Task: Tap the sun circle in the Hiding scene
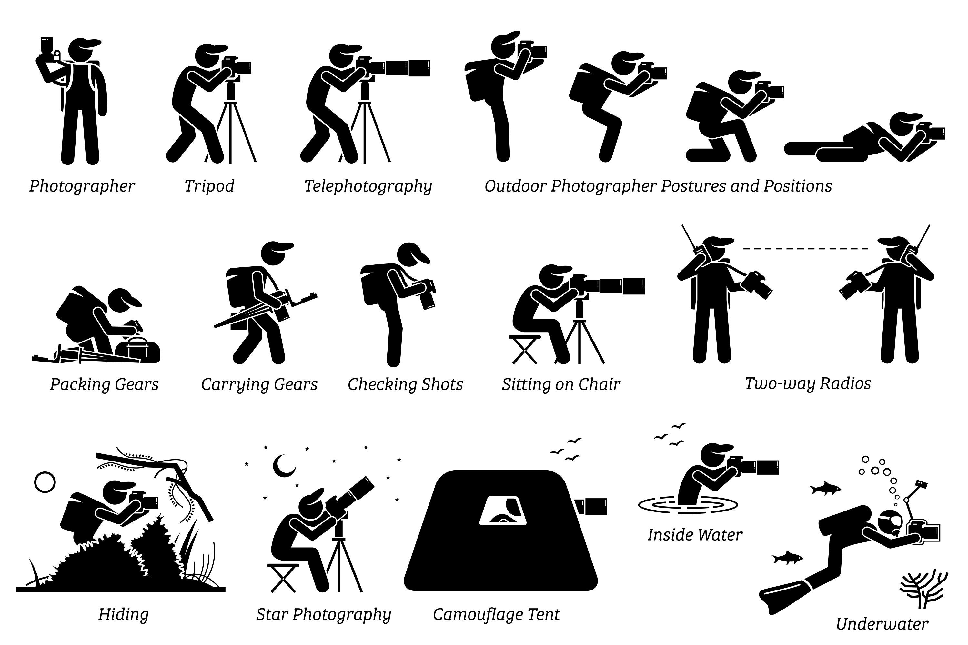tap(45, 482)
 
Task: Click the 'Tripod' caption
tap(209, 186)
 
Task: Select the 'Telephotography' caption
tap(368, 186)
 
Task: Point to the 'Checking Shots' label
tap(405, 384)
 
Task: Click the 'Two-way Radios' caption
tap(808, 383)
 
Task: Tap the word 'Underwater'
tap(882, 624)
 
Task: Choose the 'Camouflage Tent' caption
tap(496, 614)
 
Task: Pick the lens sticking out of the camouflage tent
tap(593, 506)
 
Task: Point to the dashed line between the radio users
tap(806, 248)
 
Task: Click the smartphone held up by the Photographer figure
tap(46, 45)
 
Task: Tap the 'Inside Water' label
tap(695, 535)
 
